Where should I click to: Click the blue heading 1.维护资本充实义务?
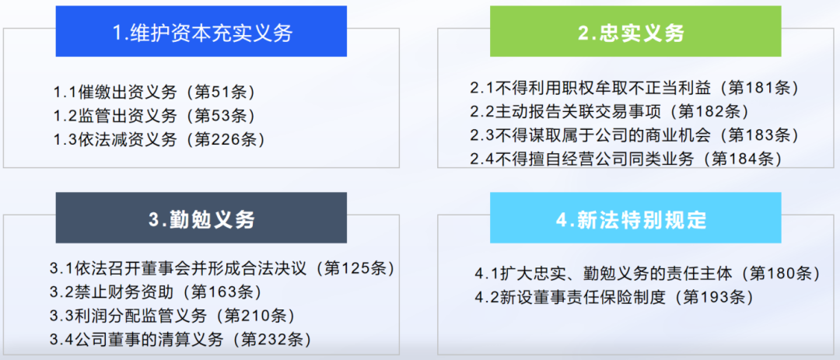[201, 33]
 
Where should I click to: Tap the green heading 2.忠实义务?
[635, 33]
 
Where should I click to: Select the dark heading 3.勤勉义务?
[201, 219]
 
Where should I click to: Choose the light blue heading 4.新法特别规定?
[635, 219]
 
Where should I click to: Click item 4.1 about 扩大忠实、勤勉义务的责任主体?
[648, 273]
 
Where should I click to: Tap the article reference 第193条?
[706, 297]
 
